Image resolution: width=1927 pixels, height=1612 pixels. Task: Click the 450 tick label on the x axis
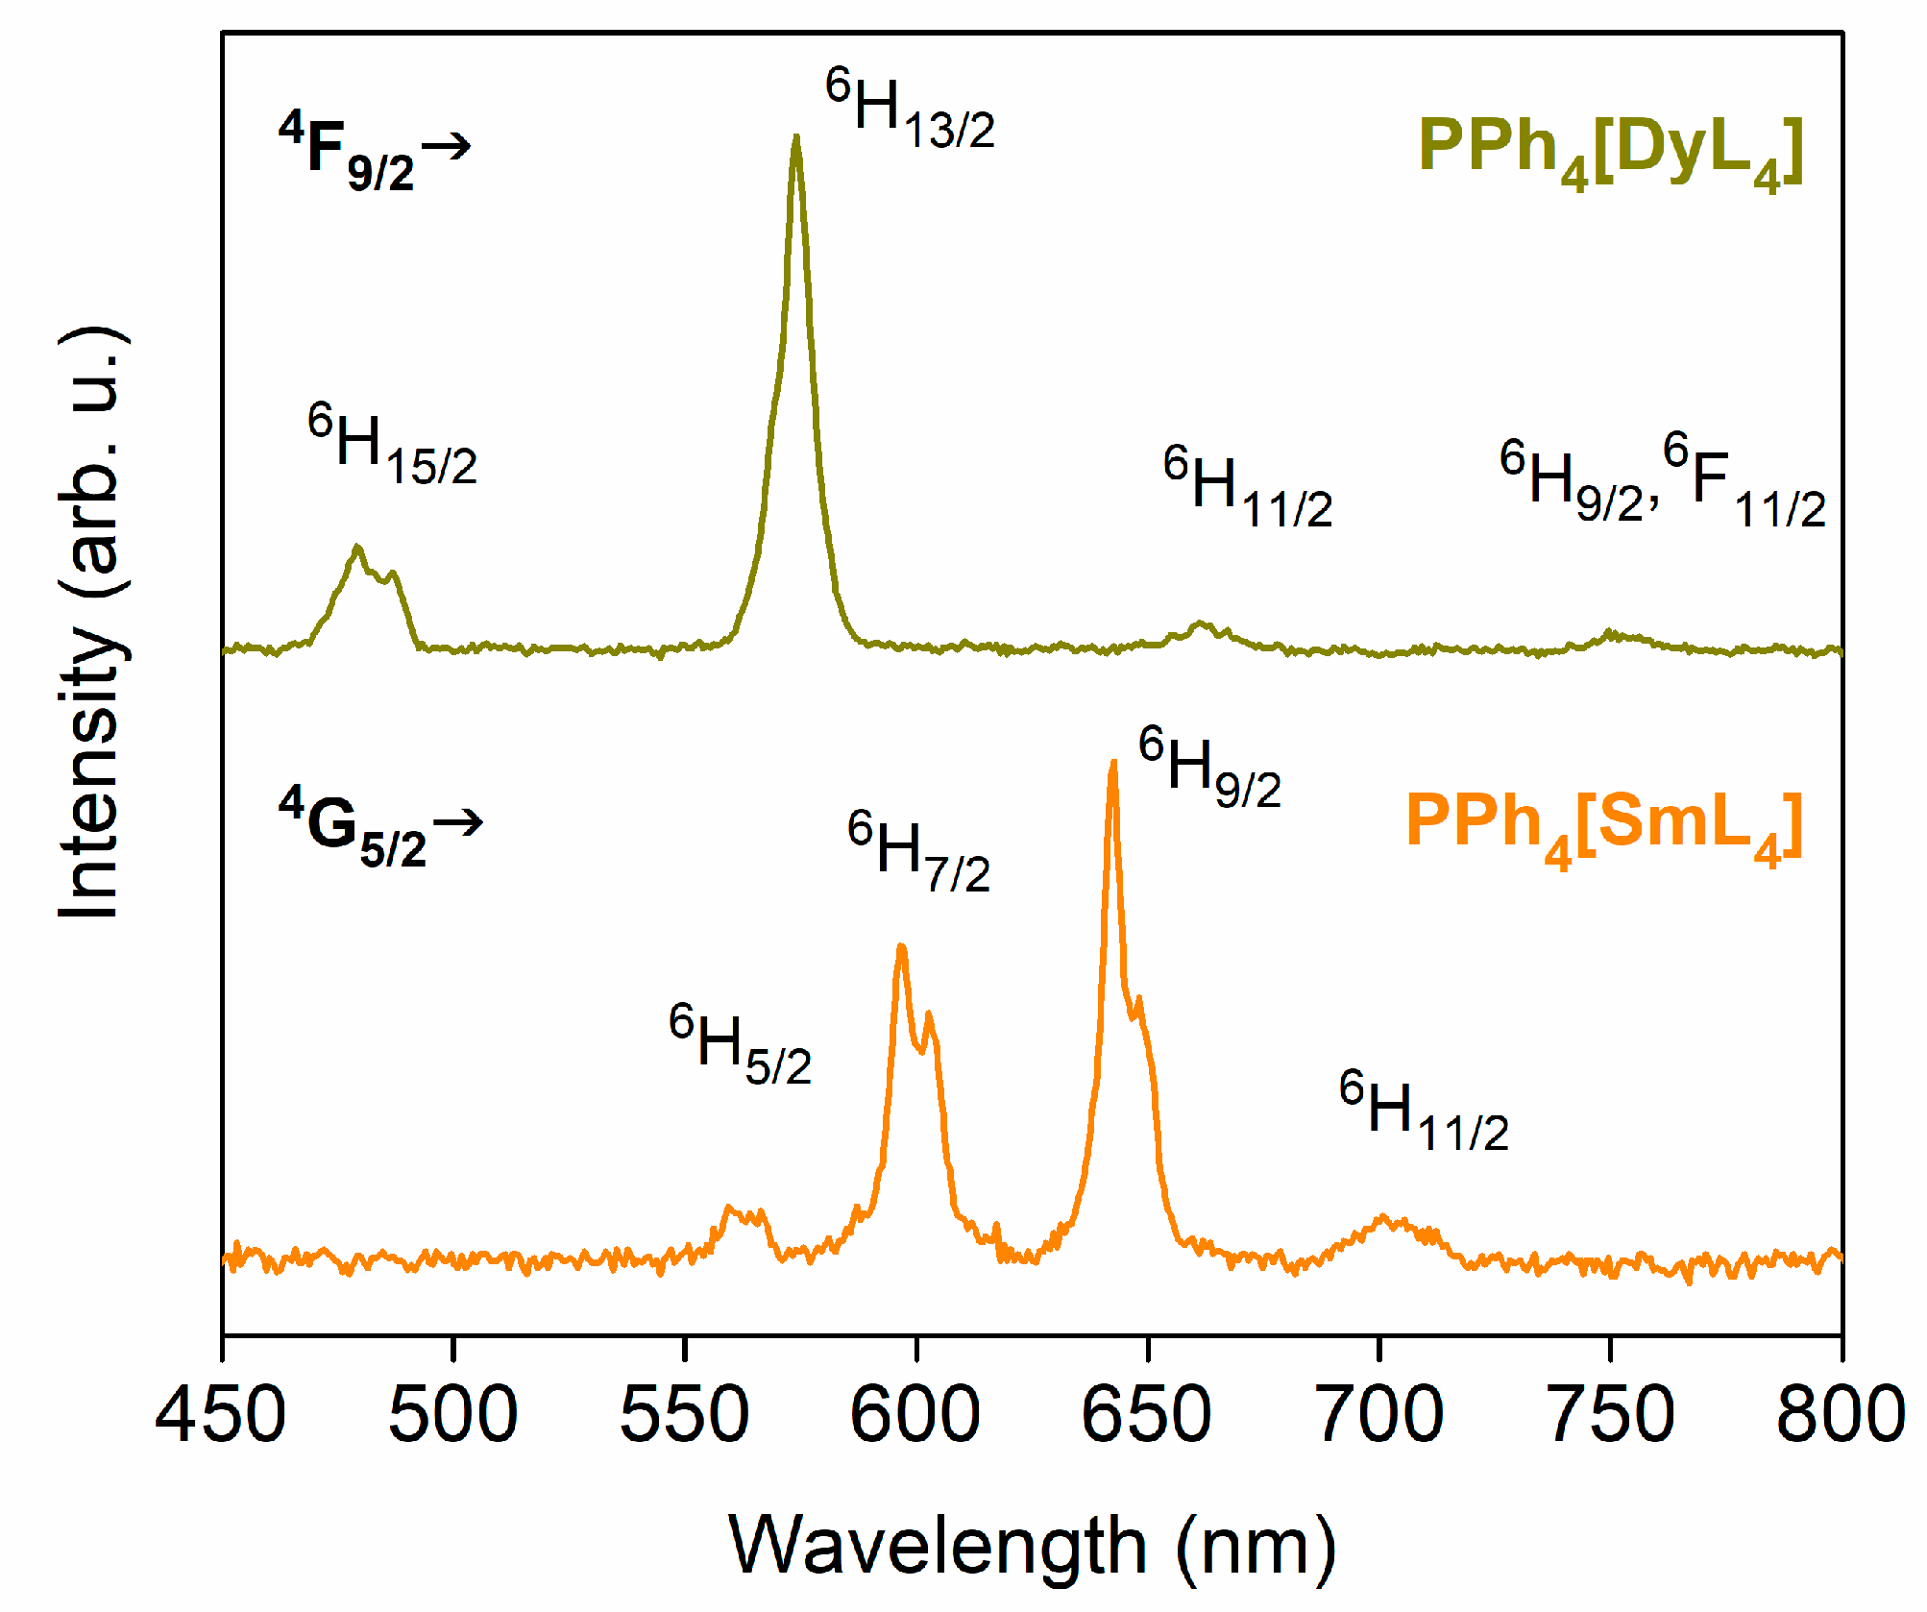click(221, 1414)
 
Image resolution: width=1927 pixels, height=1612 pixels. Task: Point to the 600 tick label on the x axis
click(915, 1414)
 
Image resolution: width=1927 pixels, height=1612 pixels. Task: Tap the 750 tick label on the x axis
click(1611, 1414)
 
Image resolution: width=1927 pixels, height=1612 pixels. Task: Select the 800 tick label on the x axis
click(1840, 1414)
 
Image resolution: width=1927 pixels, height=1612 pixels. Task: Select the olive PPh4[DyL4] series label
click(1610, 152)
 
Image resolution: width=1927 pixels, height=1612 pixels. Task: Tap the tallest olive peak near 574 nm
click(795, 139)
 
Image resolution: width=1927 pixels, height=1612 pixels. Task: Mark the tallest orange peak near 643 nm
click(1113, 764)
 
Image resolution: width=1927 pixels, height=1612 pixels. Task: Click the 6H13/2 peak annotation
click(910, 109)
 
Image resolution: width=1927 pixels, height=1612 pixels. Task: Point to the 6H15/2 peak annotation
click(392, 445)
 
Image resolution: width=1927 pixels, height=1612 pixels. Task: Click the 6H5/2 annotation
click(740, 1045)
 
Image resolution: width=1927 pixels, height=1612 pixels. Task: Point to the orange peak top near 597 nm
click(901, 949)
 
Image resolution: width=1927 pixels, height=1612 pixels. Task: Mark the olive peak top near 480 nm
click(358, 548)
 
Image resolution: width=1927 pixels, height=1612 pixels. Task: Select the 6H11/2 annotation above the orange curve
click(1424, 1111)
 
